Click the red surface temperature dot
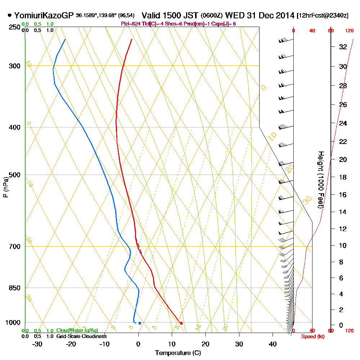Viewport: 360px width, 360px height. click(x=181, y=323)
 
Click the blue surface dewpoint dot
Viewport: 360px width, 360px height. click(x=140, y=323)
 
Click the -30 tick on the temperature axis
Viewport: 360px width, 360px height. click(x=37, y=344)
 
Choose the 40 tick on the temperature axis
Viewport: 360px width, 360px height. click(x=273, y=344)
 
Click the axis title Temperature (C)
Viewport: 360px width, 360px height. click(x=178, y=353)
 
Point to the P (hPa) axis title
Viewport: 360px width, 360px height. click(x=5, y=187)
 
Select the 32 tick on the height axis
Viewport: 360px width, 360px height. click(x=343, y=47)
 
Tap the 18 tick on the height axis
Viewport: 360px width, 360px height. click(x=343, y=177)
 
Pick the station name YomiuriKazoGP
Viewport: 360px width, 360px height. click(x=44, y=16)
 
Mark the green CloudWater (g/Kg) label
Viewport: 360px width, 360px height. click(x=77, y=330)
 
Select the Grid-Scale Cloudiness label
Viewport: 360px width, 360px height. click(x=81, y=336)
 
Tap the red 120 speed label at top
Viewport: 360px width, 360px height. click(x=349, y=31)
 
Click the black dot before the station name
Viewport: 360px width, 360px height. click(x=9, y=15)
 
